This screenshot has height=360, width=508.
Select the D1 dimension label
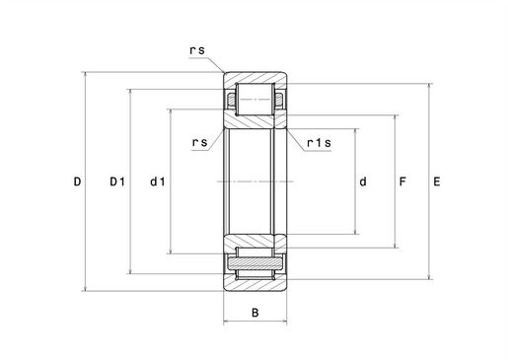coord(116,181)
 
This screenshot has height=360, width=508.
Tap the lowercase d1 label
coord(157,181)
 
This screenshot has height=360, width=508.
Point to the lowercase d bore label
coord(363,181)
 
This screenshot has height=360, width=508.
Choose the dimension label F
coord(402,181)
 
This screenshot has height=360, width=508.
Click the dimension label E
coord(437,181)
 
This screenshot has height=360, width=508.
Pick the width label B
coord(255,315)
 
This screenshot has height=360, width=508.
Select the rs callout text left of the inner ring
coord(199,142)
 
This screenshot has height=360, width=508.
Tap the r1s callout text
coord(319,144)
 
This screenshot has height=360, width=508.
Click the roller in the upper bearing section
coord(255,99)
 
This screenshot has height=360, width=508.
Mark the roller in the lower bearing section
coord(255,264)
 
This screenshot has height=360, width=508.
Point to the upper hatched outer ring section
coord(255,79)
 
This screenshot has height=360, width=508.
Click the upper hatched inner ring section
coord(255,119)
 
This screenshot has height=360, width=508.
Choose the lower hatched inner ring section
coord(255,245)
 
